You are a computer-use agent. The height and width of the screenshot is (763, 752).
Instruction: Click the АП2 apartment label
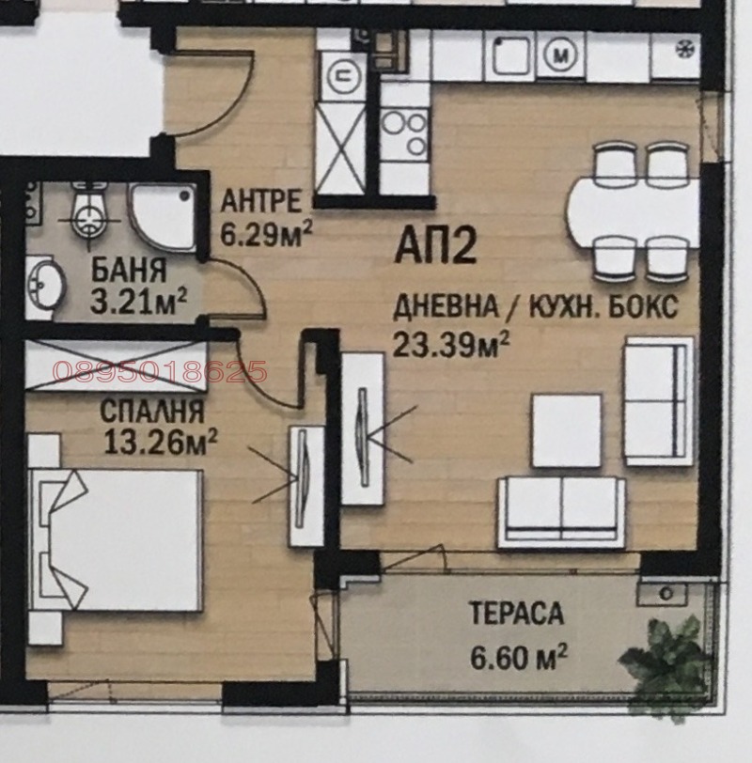click(x=437, y=249)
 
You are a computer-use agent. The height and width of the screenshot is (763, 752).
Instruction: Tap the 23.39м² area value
click(x=451, y=345)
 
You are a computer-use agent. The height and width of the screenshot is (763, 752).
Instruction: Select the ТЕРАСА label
click(x=515, y=615)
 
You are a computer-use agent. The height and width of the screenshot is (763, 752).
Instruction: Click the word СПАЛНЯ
click(x=150, y=411)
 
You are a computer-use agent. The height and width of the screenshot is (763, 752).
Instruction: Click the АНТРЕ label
click(x=260, y=201)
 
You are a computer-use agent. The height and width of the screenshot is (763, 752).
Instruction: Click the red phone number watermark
click(x=160, y=372)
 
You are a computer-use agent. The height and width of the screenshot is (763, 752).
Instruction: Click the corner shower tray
click(x=162, y=216)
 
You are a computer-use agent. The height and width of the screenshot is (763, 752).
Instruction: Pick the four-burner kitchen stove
click(x=405, y=132)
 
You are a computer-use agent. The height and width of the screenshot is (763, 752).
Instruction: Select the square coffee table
click(x=566, y=430)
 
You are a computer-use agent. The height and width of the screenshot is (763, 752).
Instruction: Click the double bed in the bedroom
click(x=117, y=539)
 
